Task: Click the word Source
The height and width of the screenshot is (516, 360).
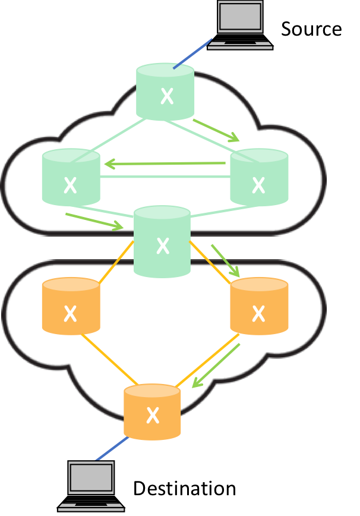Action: pos(311,29)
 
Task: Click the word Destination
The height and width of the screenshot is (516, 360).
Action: pos(184,489)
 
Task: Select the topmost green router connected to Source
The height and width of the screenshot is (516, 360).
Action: pos(165,92)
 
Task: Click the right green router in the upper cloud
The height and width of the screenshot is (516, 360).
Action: pos(258,178)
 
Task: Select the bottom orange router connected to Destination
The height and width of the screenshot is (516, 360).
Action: pos(152,411)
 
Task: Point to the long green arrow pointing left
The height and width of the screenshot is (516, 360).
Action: pos(165,163)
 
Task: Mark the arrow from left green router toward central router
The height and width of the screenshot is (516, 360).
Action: pos(94,221)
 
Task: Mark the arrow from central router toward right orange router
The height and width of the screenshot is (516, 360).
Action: pos(225,259)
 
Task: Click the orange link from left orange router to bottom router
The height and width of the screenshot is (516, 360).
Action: pos(110,363)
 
